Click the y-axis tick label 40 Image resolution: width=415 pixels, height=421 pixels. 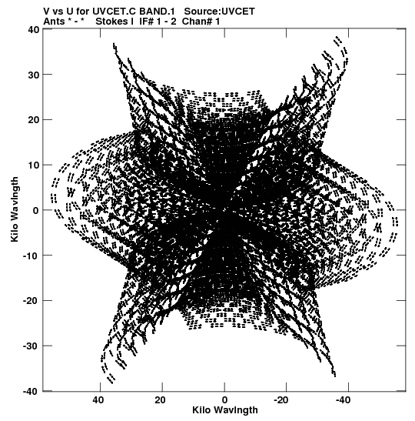tap(34, 29)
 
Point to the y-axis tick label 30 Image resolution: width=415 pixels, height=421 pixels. tap(34, 75)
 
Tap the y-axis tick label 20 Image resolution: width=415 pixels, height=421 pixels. tap(34, 120)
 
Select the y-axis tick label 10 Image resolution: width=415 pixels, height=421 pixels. tap(34, 165)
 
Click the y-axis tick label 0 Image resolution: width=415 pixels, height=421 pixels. tap(36, 210)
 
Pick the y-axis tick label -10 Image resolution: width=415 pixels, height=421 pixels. tap(32, 256)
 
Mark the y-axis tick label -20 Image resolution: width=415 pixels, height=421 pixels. tap(32, 300)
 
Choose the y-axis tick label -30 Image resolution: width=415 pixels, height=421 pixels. tap(32, 346)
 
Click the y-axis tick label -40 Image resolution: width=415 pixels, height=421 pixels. tap(32, 391)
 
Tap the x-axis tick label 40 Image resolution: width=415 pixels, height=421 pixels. tap(98, 400)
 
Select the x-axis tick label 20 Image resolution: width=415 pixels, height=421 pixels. tap(161, 400)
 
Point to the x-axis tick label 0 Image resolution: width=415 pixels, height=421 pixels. tap(224, 400)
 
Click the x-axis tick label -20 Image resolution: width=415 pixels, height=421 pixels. tap(281, 400)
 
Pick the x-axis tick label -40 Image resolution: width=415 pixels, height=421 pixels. tap(343, 400)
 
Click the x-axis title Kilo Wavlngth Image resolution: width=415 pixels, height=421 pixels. tap(225, 410)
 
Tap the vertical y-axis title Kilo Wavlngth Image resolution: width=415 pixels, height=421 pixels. tap(15, 209)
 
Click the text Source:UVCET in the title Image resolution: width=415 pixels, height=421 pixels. tap(220, 12)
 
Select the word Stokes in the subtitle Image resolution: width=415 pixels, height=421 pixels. tap(111, 21)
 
